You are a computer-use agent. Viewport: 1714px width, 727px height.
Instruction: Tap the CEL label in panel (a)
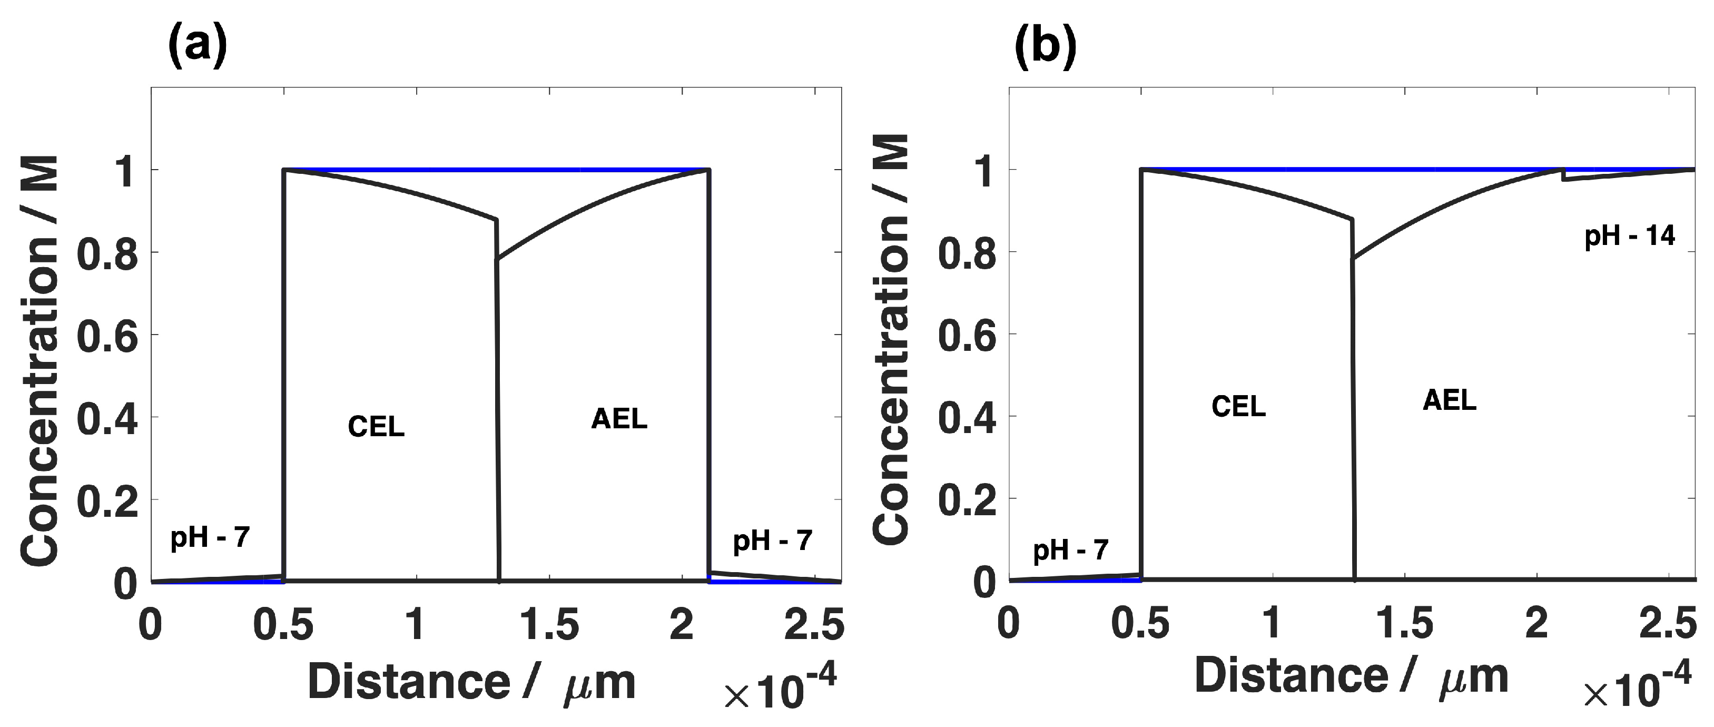click(376, 427)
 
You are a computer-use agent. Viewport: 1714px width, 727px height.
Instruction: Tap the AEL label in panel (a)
click(619, 419)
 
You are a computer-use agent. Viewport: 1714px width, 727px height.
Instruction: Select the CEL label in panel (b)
click(1238, 406)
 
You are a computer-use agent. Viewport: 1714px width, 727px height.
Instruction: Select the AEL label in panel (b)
click(1449, 400)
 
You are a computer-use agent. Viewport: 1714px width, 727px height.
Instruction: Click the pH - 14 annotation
click(1630, 235)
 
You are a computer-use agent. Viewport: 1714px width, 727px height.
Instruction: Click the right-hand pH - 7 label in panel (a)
click(773, 541)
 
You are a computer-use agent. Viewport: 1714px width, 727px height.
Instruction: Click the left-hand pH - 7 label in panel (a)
click(210, 537)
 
